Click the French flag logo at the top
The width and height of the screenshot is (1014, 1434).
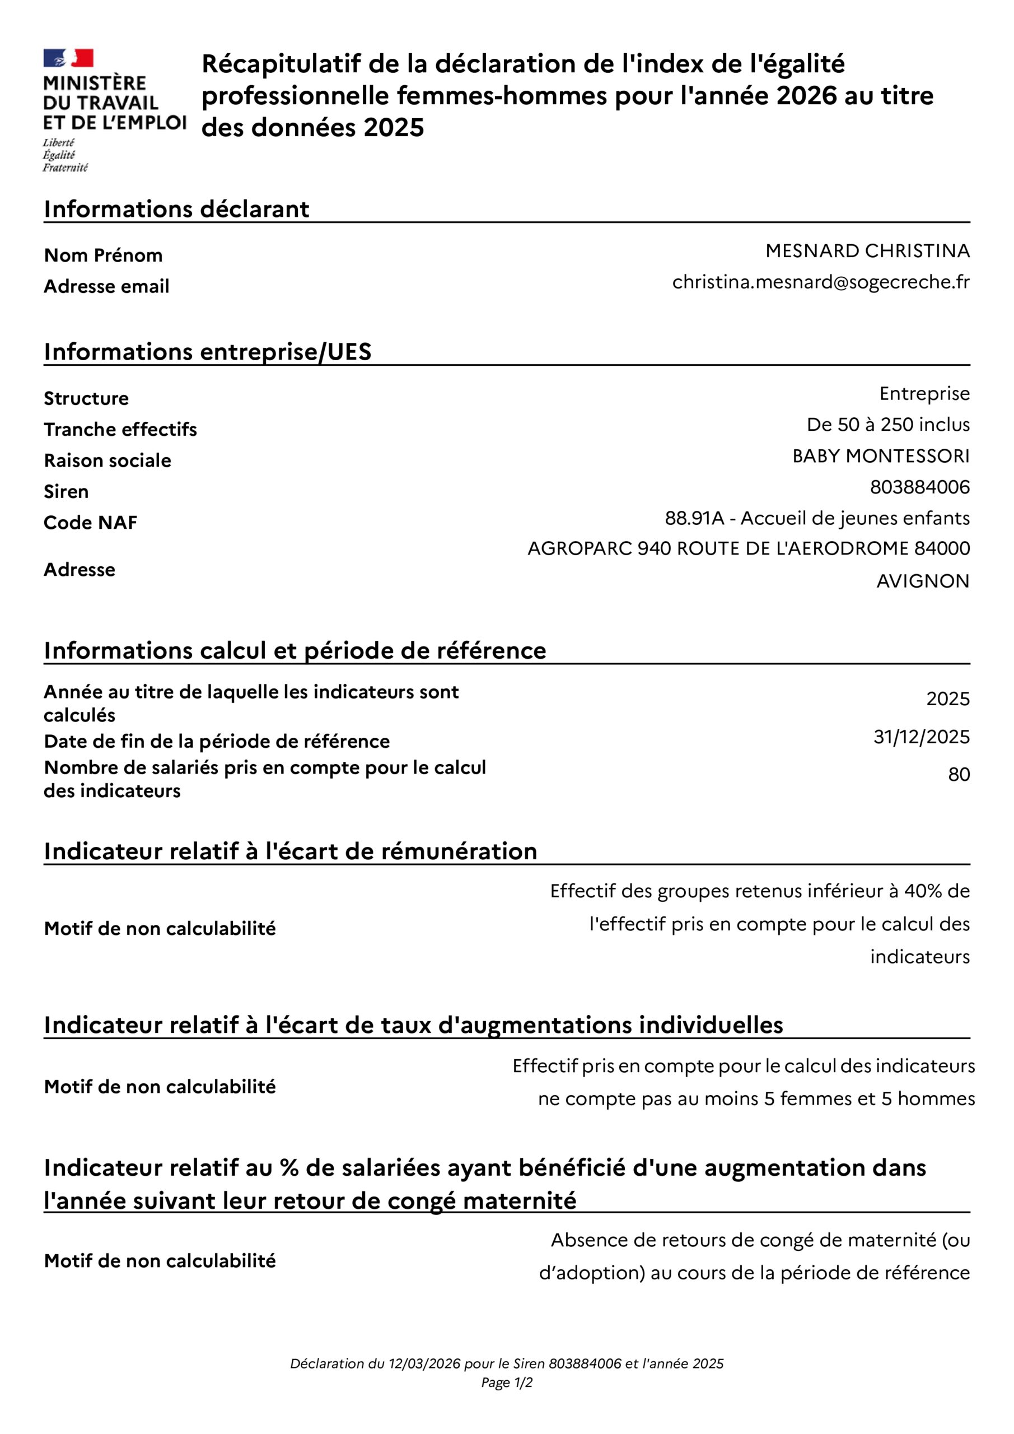click(68, 58)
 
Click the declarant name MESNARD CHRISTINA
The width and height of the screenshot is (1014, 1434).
click(867, 251)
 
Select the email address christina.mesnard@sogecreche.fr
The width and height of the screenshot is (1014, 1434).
click(820, 282)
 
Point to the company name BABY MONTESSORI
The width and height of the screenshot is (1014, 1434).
click(880, 456)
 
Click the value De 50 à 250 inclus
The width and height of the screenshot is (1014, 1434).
click(888, 425)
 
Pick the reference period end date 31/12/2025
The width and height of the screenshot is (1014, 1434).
click(921, 737)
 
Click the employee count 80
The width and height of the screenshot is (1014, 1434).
click(959, 775)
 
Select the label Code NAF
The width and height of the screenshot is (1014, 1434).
click(91, 523)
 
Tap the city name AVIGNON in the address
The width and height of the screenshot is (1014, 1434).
click(923, 581)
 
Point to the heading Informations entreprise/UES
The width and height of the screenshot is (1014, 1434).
click(207, 352)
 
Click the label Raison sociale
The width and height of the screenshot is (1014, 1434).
click(108, 461)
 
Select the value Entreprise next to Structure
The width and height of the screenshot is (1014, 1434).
click(924, 393)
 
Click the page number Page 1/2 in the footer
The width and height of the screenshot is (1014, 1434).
click(506, 1383)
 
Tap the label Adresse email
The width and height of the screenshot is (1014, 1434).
click(107, 287)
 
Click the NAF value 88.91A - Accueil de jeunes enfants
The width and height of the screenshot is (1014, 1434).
click(817, 518)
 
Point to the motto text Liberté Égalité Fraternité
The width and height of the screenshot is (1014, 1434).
click(65, 156)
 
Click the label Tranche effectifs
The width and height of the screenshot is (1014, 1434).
click(120, 430)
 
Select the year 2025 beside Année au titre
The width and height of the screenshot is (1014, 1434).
click(948, 699)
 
